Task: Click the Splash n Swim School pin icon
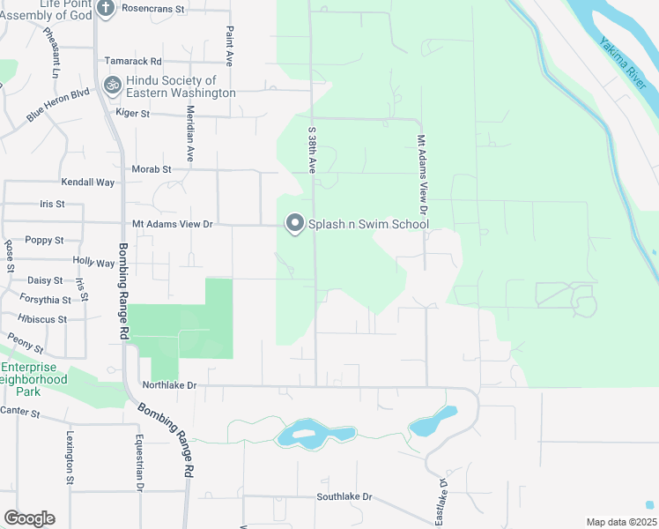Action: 295,224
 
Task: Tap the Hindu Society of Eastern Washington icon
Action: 112,86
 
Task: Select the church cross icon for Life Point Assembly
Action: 106,9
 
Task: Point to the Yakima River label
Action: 625,63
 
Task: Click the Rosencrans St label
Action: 155,8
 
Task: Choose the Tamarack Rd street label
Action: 133,62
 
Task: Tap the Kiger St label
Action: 132,114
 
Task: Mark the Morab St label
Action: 150,168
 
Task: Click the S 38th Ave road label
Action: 311,155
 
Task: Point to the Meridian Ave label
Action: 189,132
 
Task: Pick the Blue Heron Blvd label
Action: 58,104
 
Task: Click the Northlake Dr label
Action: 168,385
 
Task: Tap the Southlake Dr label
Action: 344,497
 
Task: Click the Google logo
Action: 29,518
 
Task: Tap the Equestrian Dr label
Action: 138,464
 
